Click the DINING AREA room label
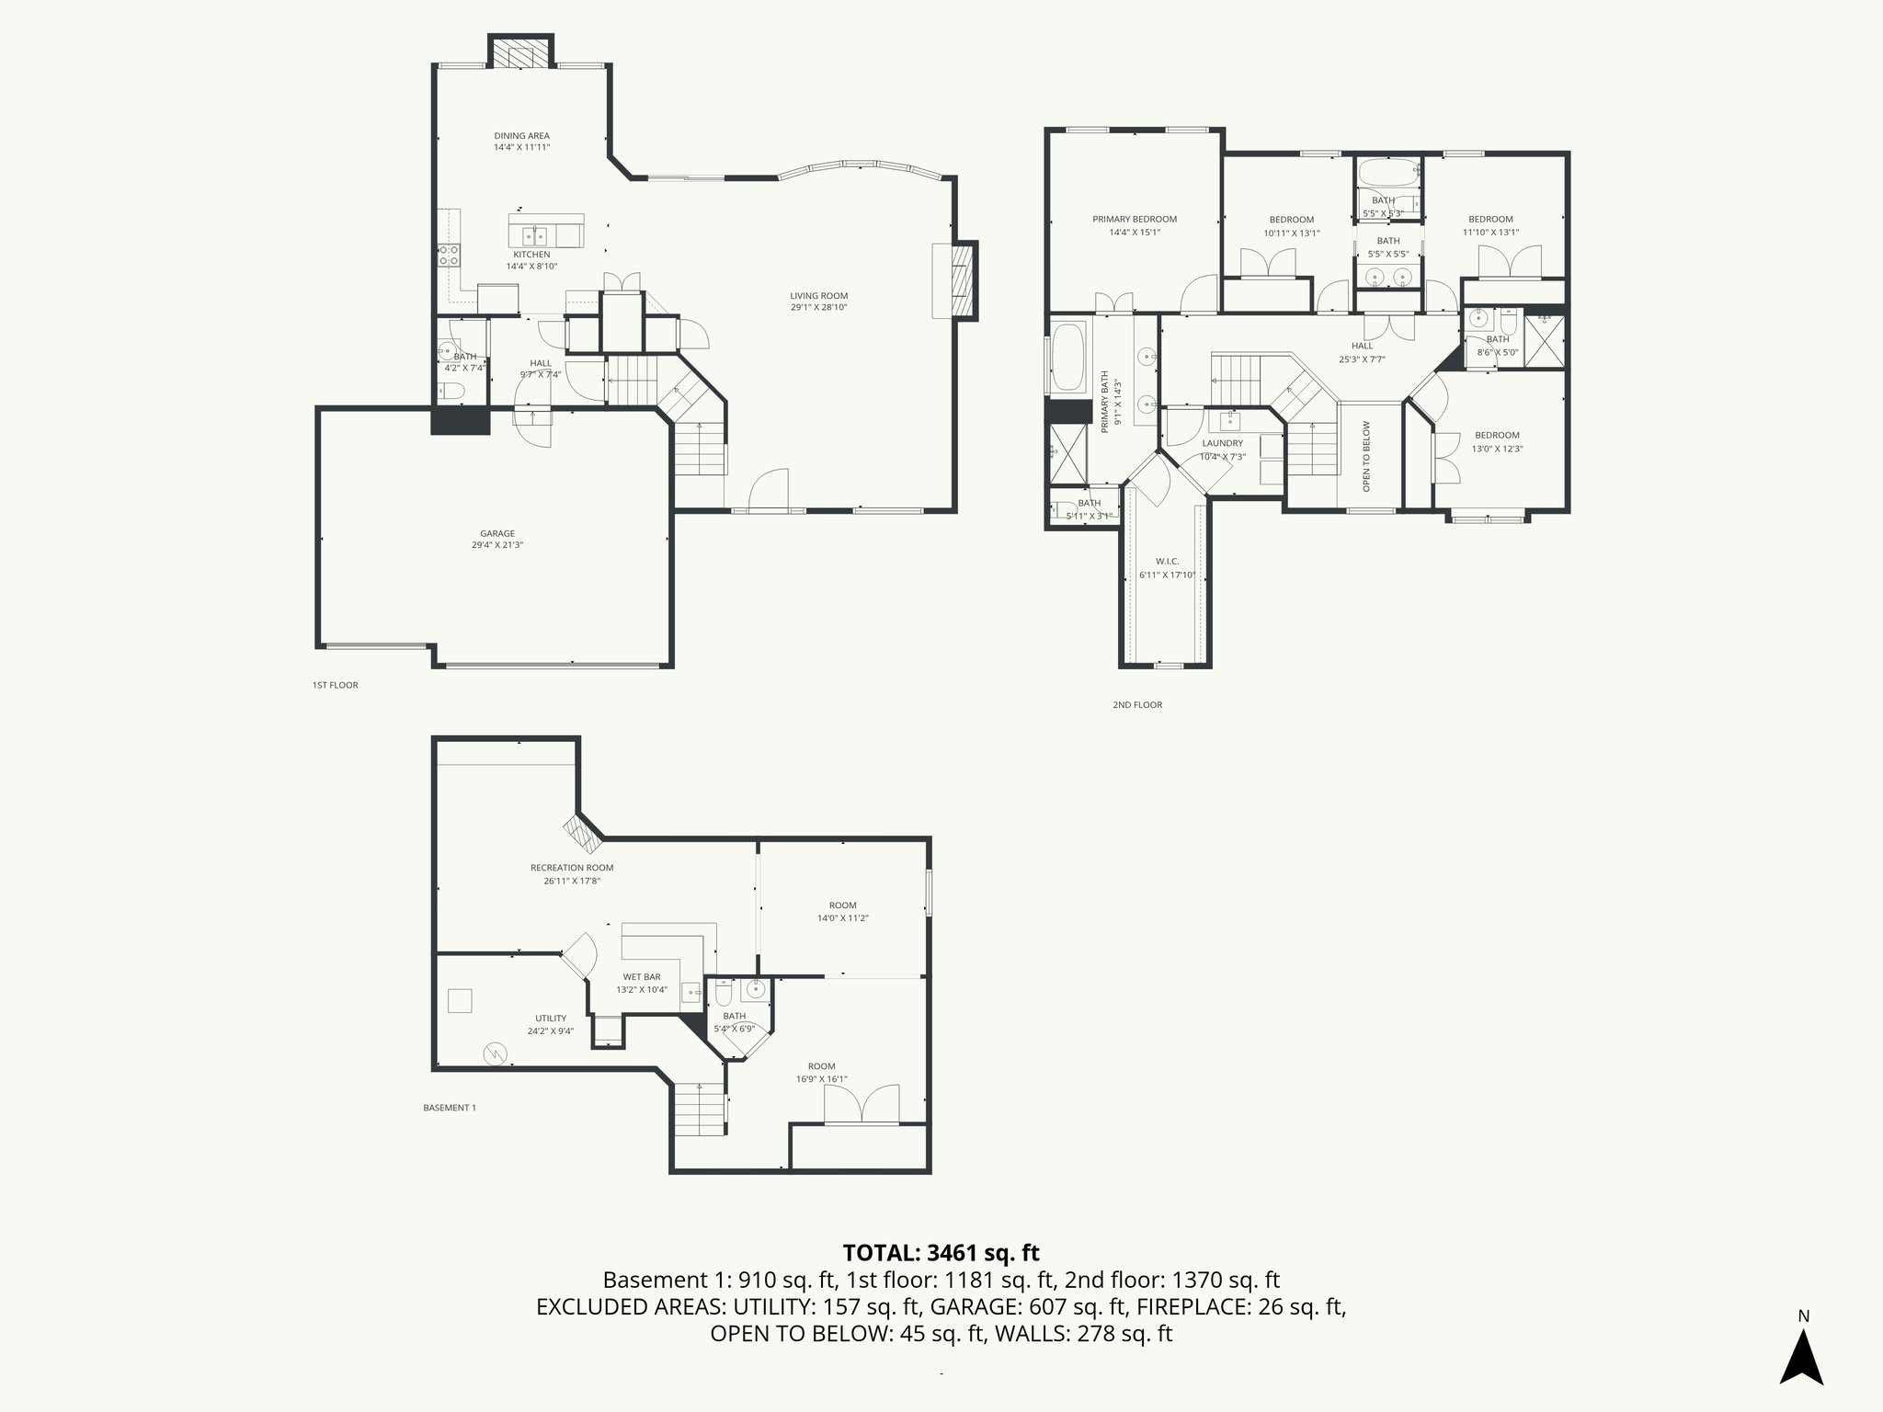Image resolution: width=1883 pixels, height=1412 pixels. coord(521,136)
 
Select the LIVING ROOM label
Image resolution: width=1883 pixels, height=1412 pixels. coord(818,296)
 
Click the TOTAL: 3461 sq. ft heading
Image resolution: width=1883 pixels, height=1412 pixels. coord(941,1252)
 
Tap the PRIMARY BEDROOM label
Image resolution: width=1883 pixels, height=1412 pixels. coord(1134,220)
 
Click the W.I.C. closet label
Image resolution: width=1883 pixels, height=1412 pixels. coord(1167,562)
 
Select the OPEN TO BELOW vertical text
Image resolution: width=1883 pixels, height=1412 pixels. coord(1366,456)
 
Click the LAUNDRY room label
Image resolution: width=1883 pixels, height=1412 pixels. coord(1222,443)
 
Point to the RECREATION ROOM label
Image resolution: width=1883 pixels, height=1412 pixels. coord(571,868)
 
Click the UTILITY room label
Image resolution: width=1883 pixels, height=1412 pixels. coord(551,1019)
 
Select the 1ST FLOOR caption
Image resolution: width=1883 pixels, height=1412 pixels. coord(335,685)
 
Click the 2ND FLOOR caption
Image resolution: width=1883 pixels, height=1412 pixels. coord(1137,705)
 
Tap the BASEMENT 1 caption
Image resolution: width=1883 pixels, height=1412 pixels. coord(449,1108)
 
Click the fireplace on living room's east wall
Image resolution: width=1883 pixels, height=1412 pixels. coord(963,279)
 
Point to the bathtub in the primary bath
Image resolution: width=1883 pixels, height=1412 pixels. coord(1067,357)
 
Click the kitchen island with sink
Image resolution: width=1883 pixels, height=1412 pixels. coord(545,231)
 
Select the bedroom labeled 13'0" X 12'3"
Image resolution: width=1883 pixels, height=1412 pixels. coord(1497,442)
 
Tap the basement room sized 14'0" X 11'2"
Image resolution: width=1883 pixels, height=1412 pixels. coord(842,911)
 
